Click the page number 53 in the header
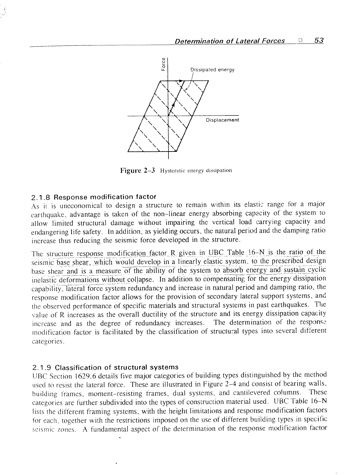pyautogui.click(x=318, y=41)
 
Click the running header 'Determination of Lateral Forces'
pyautogui.click(x=230, y=41)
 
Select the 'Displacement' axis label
pyautogui.click(x=222, y=120)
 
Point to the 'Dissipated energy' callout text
pyautogui.click(x=212, y=70)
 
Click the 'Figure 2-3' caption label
pyautogui.click(x=138, y=170)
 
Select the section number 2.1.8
pyautogui.click(x=41, y=197)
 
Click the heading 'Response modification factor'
pyautogui.click(x=105, y=197)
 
